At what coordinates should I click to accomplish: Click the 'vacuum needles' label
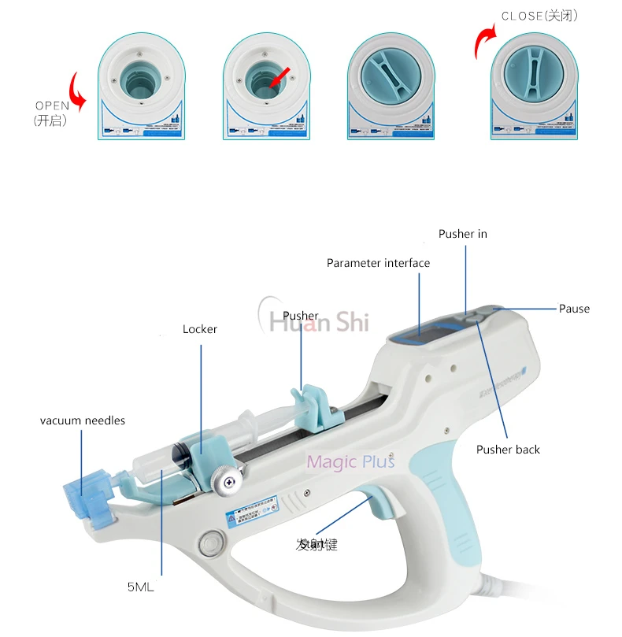83,420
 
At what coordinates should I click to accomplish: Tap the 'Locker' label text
199,329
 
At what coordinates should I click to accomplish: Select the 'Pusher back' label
508,450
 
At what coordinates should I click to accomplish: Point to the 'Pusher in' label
463,234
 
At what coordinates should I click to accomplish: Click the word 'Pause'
574,309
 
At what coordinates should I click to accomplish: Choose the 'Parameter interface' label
378,263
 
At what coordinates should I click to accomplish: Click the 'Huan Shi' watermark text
319,321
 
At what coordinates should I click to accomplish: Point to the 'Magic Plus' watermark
350,462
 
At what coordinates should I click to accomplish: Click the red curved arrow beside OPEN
77,93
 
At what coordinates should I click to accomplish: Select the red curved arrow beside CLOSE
481,43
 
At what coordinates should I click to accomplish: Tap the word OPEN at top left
53,106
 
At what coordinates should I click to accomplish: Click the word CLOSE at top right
521,16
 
